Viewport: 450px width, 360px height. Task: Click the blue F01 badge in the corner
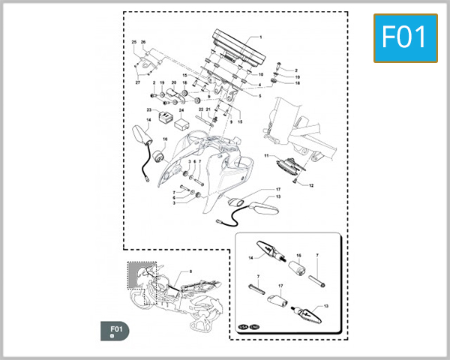tap(405, 37)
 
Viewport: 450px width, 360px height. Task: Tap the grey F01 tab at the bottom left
tap(115, 331)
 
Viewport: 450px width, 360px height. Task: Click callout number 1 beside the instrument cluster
tap(260, 37)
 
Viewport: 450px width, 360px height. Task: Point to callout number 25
tap(134, 42)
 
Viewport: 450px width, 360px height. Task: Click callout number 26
tap(142, 42)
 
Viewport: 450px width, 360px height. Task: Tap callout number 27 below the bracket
tap(138, 82)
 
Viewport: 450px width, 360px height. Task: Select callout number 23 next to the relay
tap(148, 109)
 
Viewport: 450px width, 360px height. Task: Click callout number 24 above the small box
tap(181, 109)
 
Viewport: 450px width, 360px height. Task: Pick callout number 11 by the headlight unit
tap(265, 156)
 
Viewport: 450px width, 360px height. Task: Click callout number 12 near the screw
tap(311, 184)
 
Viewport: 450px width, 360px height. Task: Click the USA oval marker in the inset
tap(242, 327)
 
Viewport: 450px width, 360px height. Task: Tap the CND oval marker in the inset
tap(254, 327)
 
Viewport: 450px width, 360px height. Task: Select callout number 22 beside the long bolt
tap(201, 109)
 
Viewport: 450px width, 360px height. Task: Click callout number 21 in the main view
tap(209, 109)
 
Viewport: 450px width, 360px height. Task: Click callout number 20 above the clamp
tap(173, 82)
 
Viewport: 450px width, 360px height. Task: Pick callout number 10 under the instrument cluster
tap(260, 75)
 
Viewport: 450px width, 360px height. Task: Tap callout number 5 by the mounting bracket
tap(260, 96)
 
